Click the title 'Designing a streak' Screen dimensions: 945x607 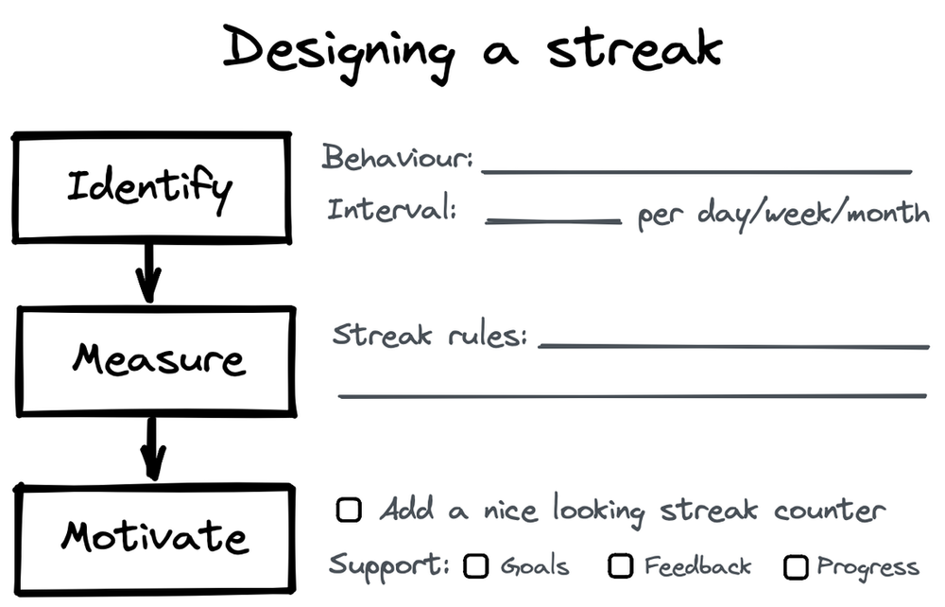click(472, 49)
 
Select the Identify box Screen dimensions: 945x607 click(149, 187)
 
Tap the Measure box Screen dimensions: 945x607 click(157, 360)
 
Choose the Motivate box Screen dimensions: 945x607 click(153, 539)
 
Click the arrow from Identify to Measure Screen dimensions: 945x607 click(147, 273)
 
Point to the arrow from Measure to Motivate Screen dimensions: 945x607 click(152, 449)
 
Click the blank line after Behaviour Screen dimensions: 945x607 click(696, 172)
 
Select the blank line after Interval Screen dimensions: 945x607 click(553, 221)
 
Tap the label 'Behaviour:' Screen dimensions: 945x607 click(397, 157)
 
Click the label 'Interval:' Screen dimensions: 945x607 click(391, 209)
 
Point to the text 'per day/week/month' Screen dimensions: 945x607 click(782, 214)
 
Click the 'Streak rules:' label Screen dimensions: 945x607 click(430, 336)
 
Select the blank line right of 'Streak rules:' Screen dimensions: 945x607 click(733, 346)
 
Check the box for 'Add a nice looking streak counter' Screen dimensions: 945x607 click(349, 512)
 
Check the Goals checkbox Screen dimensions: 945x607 click(476, 566)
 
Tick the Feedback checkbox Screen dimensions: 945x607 click(620, 566)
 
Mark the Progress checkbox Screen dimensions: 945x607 click(797, 567)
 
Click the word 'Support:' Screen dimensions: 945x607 click(389, 566)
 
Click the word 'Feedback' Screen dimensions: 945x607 click(697, 566)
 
